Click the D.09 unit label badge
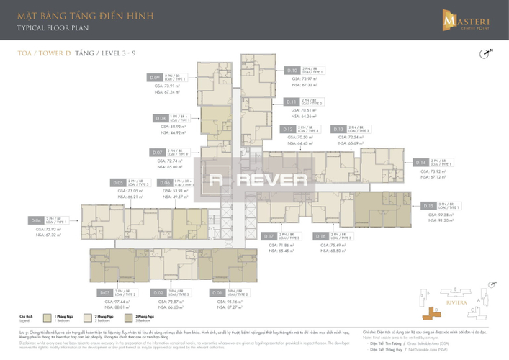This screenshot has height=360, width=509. (x=154, y=77)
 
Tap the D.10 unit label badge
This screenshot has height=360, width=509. (x=292, y=71)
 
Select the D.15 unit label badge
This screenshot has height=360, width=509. (x=430, y=205)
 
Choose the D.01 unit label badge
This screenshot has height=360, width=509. (x=215, y=293)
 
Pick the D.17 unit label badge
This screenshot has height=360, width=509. (x=270, y=235)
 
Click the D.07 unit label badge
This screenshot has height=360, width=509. (x=158, y=153)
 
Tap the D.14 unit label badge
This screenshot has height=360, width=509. (x=421, y=162)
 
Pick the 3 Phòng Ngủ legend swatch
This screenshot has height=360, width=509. (x=128, y=316)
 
